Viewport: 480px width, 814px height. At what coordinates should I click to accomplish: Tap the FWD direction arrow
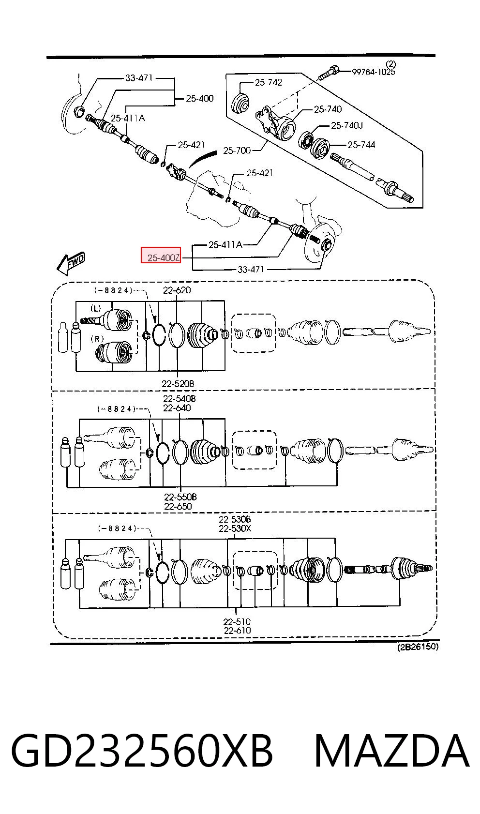71,263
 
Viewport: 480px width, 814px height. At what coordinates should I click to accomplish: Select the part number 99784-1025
373,72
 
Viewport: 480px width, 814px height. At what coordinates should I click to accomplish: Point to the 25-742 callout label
268,82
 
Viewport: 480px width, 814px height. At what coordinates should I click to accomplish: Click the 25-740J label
346,125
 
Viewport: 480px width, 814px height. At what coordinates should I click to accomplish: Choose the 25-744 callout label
361,145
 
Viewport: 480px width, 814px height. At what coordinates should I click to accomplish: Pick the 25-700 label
237,151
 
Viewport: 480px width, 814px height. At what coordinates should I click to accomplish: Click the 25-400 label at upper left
200,98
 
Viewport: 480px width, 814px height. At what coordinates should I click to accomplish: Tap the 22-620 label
177,290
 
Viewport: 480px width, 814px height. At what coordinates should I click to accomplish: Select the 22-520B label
178,383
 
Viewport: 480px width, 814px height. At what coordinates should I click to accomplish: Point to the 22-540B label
180,399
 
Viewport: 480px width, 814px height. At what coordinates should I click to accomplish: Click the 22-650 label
178,506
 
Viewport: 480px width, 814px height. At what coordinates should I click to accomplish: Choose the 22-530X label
235,528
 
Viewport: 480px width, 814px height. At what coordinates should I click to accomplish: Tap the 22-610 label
237,631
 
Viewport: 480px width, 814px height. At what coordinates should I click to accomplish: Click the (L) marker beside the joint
95,309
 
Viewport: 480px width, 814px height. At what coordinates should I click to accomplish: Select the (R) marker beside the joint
97,339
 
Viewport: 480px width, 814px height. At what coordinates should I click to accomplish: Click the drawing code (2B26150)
418,647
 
